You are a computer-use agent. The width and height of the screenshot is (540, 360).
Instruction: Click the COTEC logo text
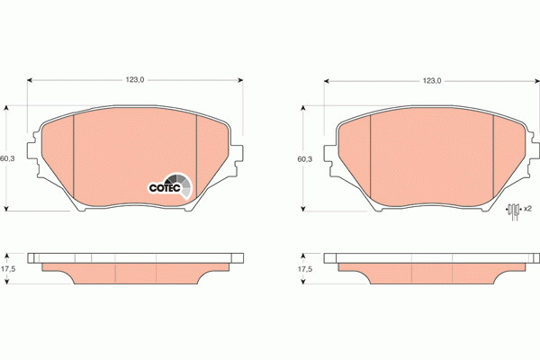pos(165,187)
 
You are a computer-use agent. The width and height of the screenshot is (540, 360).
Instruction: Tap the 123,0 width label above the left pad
pos(135,80)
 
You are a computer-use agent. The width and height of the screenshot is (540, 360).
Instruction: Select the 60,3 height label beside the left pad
pos(7,158)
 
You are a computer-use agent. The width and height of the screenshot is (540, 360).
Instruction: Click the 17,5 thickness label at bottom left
pos(8,269)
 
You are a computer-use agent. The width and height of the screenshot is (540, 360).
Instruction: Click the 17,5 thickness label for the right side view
pos(305,269)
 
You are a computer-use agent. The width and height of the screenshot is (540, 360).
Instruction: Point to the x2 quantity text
pos(527,209)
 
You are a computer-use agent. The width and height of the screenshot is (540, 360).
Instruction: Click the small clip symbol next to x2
pos(514,210)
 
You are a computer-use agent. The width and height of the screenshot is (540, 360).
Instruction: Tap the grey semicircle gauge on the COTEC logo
pos(183,183)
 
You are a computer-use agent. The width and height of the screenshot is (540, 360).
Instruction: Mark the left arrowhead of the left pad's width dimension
pos(31,80)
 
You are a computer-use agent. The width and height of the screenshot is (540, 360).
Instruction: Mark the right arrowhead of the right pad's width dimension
pos(536,81)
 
